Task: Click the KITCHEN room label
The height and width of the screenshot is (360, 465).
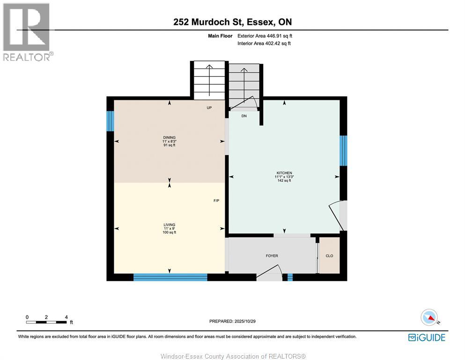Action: click(x=284, y=173)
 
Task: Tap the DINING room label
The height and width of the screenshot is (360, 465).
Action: click(x=170, y=137)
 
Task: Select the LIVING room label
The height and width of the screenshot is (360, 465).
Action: click(x=170, y=225)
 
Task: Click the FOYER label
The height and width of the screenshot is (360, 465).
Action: click(x=272, y=256)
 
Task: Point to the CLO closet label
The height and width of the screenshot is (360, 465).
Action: click(x=329, y=256)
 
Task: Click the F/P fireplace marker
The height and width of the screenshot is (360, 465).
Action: click(x=203, y=201)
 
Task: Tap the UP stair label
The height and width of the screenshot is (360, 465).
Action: click(x=209, y=108)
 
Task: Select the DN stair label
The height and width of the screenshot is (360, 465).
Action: click(x=244, y=116)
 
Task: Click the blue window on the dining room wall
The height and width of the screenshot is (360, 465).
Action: click(x=110, y=121)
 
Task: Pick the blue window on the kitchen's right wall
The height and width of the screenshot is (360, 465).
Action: click(x=343, y=151)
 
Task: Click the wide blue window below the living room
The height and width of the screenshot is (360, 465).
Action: click(x=170, y=277)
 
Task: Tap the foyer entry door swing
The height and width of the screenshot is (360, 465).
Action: click(x=270, y=273)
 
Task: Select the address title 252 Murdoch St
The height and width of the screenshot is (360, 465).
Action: click(x=232, y=22)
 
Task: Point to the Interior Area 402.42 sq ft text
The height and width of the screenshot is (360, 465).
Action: click(x=264, y=44)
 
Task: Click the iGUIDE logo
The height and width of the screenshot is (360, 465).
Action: click(x=427, y=337)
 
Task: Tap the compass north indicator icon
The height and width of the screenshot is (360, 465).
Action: click(x=429, y=317)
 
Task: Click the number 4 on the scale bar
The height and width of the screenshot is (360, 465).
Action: click(x=66, y=317)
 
